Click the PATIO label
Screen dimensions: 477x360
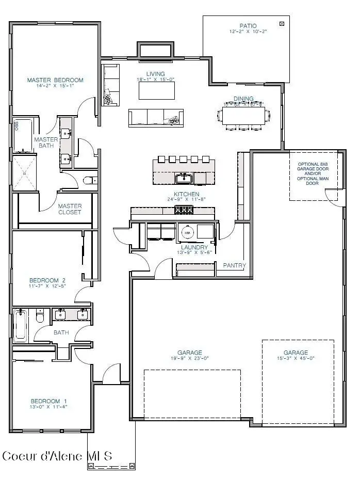(x=248, y=26)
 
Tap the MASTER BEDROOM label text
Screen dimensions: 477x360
(x=55, y=80)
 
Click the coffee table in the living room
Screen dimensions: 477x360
(x=156, y=91)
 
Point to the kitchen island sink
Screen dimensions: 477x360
(x=184, y=179)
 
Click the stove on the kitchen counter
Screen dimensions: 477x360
(x=183, y=210)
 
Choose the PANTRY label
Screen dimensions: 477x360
(x=234, y=265)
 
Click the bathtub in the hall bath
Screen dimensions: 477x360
(x=21, y=325)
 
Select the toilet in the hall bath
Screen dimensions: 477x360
(x=40, y=316)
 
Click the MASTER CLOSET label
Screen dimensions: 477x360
(x=70, y=209)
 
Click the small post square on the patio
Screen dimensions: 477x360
(x=282, y=23)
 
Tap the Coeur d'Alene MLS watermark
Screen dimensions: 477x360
(x=57, y=456)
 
